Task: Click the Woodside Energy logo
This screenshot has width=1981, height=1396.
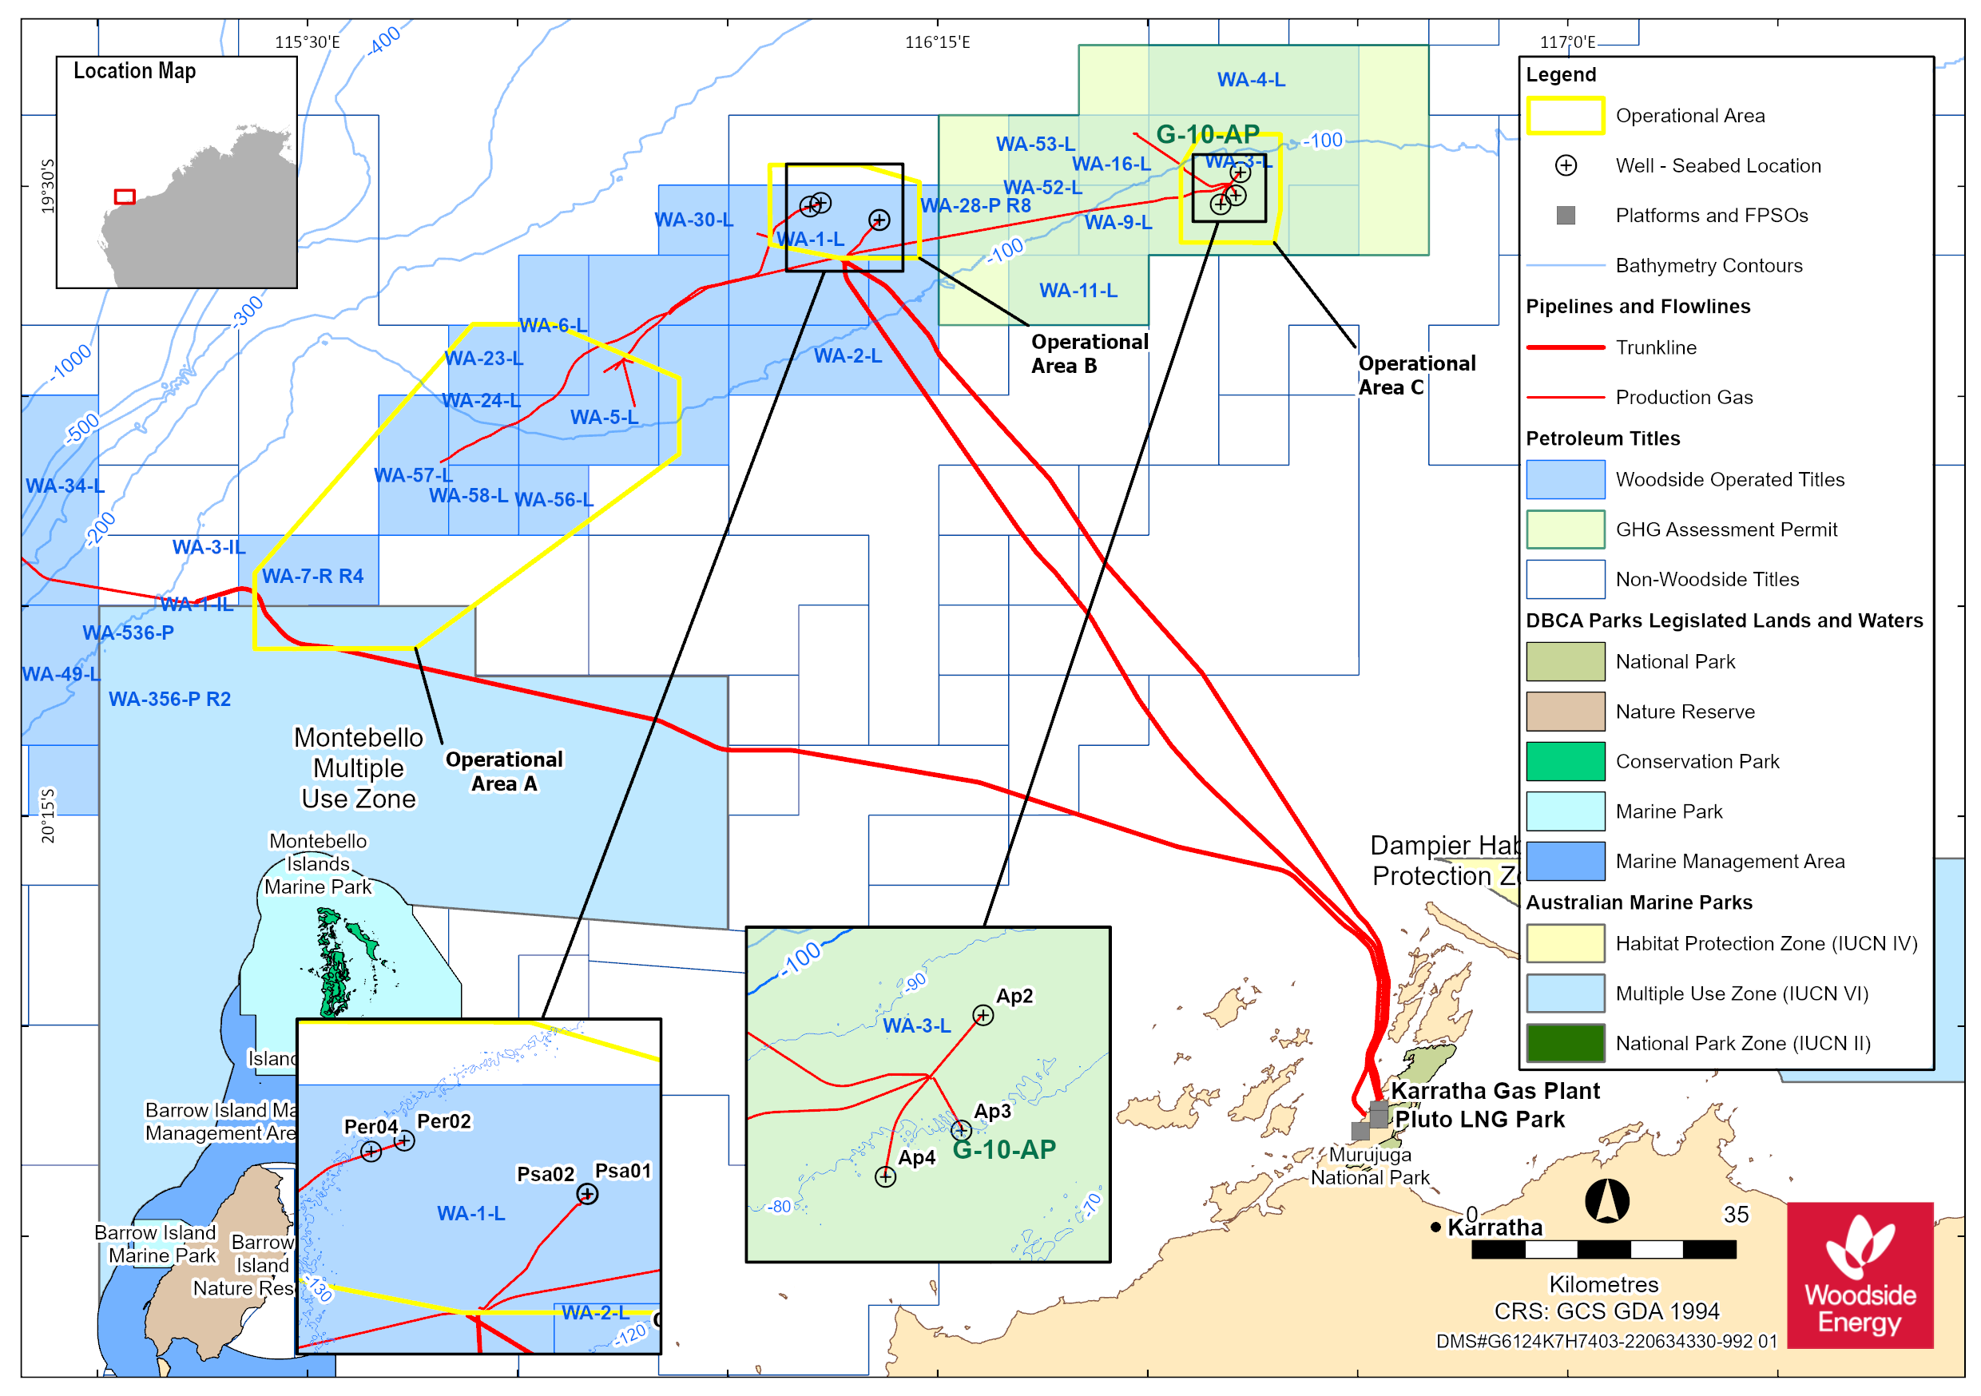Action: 1860,1275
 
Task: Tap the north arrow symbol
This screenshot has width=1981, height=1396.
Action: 1606,1201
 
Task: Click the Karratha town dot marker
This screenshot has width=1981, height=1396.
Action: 1435,1227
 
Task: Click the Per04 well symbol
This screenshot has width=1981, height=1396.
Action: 371,1151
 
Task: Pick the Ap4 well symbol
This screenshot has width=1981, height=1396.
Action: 885,1177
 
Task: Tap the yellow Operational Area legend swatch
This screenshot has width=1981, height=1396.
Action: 1565,116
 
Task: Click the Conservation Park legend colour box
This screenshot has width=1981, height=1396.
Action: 1565,761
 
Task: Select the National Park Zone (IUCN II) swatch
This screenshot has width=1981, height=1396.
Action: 1565,1043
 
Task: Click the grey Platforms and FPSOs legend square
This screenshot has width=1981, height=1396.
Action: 1565,215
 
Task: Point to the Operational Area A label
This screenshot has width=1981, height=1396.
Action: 504,771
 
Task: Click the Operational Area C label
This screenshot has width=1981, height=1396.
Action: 1416,375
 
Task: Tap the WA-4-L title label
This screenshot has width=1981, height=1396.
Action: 1251,79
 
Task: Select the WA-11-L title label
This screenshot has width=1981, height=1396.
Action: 1078,291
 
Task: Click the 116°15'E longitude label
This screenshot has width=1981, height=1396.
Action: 937,42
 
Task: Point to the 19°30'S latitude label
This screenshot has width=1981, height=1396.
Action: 47,185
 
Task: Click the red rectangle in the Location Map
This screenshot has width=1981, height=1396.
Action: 125,196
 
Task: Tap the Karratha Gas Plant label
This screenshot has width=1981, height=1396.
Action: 1495,1091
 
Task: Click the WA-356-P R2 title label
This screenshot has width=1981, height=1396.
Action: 170,699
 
